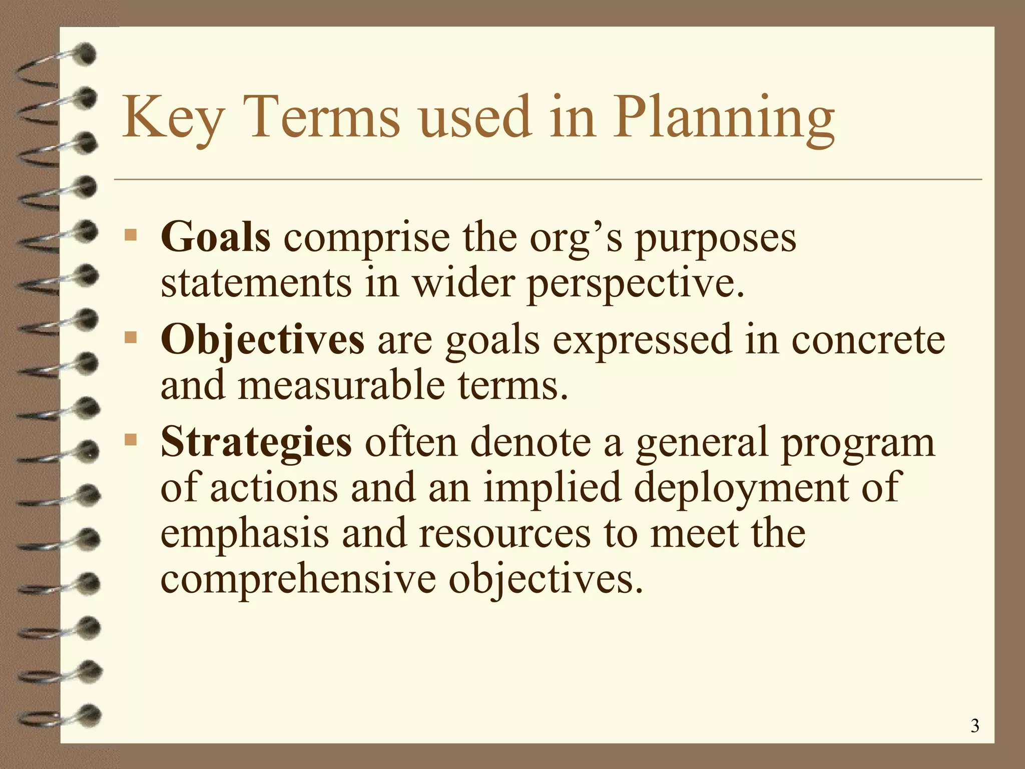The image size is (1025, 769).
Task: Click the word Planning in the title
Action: pos(724,118)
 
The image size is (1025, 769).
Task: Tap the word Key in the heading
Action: pos(172,118)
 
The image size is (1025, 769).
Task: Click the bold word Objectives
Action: pos(262,339)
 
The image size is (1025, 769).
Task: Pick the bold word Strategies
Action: pos(256,442)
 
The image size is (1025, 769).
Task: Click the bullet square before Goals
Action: pos(131,234)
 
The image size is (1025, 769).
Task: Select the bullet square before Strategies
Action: pos(131,440)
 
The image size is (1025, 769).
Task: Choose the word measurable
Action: pos(341,386)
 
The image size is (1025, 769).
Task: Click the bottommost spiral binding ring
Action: pos(89,715)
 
